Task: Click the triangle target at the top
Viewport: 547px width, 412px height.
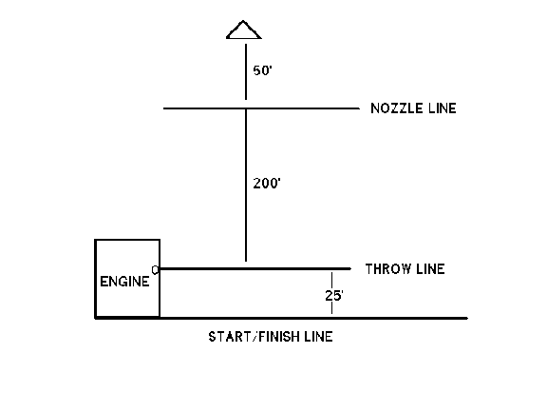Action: point(243,36)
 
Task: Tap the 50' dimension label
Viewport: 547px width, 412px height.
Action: point(262,70)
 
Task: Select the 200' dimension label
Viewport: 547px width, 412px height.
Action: point(267,184)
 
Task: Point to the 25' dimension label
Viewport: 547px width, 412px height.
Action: point(334,296)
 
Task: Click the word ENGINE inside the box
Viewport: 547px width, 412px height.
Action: point(124,282)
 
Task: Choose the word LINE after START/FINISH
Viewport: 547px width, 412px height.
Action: point(319,337)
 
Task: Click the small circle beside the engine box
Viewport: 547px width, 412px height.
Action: point(155,270)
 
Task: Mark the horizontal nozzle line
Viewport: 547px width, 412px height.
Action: point(261,108)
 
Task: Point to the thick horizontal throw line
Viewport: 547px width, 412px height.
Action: point(255,268)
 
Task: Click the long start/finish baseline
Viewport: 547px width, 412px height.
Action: point(281,318)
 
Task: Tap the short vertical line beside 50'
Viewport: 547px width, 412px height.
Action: point(246,71)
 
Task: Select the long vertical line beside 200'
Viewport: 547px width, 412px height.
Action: point(246,186)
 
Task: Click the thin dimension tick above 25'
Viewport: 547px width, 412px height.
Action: point(331,281)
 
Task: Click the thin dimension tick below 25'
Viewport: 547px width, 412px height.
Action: point(331,308)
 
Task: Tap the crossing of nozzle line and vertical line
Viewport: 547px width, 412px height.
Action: point(246,108)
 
